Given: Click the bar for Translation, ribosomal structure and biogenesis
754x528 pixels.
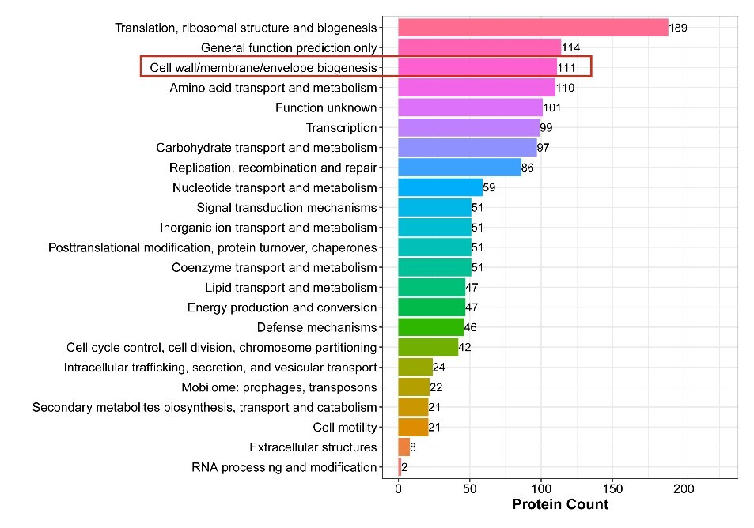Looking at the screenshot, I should [532, 28].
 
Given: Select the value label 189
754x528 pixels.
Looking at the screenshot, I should [679, 28].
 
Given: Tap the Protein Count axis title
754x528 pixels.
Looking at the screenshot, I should [560, 504].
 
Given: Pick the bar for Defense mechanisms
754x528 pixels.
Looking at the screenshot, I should [430, 327].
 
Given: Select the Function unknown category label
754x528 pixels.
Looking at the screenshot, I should [326, 107].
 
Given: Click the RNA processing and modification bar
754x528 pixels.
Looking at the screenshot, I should [400, 467].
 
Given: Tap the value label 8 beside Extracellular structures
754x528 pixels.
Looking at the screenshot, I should [413, 447].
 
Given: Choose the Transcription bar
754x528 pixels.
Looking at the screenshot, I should [468, 127].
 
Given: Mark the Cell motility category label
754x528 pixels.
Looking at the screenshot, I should [345, 428].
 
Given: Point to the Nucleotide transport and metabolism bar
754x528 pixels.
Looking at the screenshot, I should [440, 187].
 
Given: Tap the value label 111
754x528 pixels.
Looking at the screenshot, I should [567, 68].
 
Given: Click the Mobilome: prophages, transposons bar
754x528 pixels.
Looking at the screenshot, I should [414, 387].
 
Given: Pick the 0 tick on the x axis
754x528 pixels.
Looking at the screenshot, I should [398, 489].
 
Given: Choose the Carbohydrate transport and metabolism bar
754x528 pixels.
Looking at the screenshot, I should [467, 148].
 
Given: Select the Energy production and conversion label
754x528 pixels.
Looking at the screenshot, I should [282, 307].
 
